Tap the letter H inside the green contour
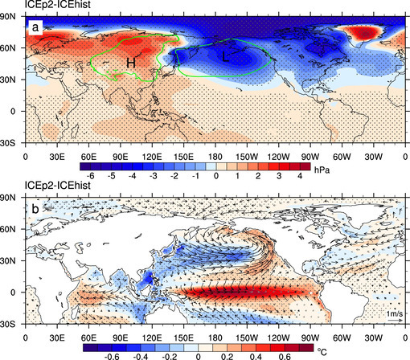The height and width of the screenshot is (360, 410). [x=130, y=62]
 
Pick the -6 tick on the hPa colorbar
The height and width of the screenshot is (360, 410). [x=92, y=174]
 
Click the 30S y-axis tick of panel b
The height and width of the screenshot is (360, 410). [x=11, y=324]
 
